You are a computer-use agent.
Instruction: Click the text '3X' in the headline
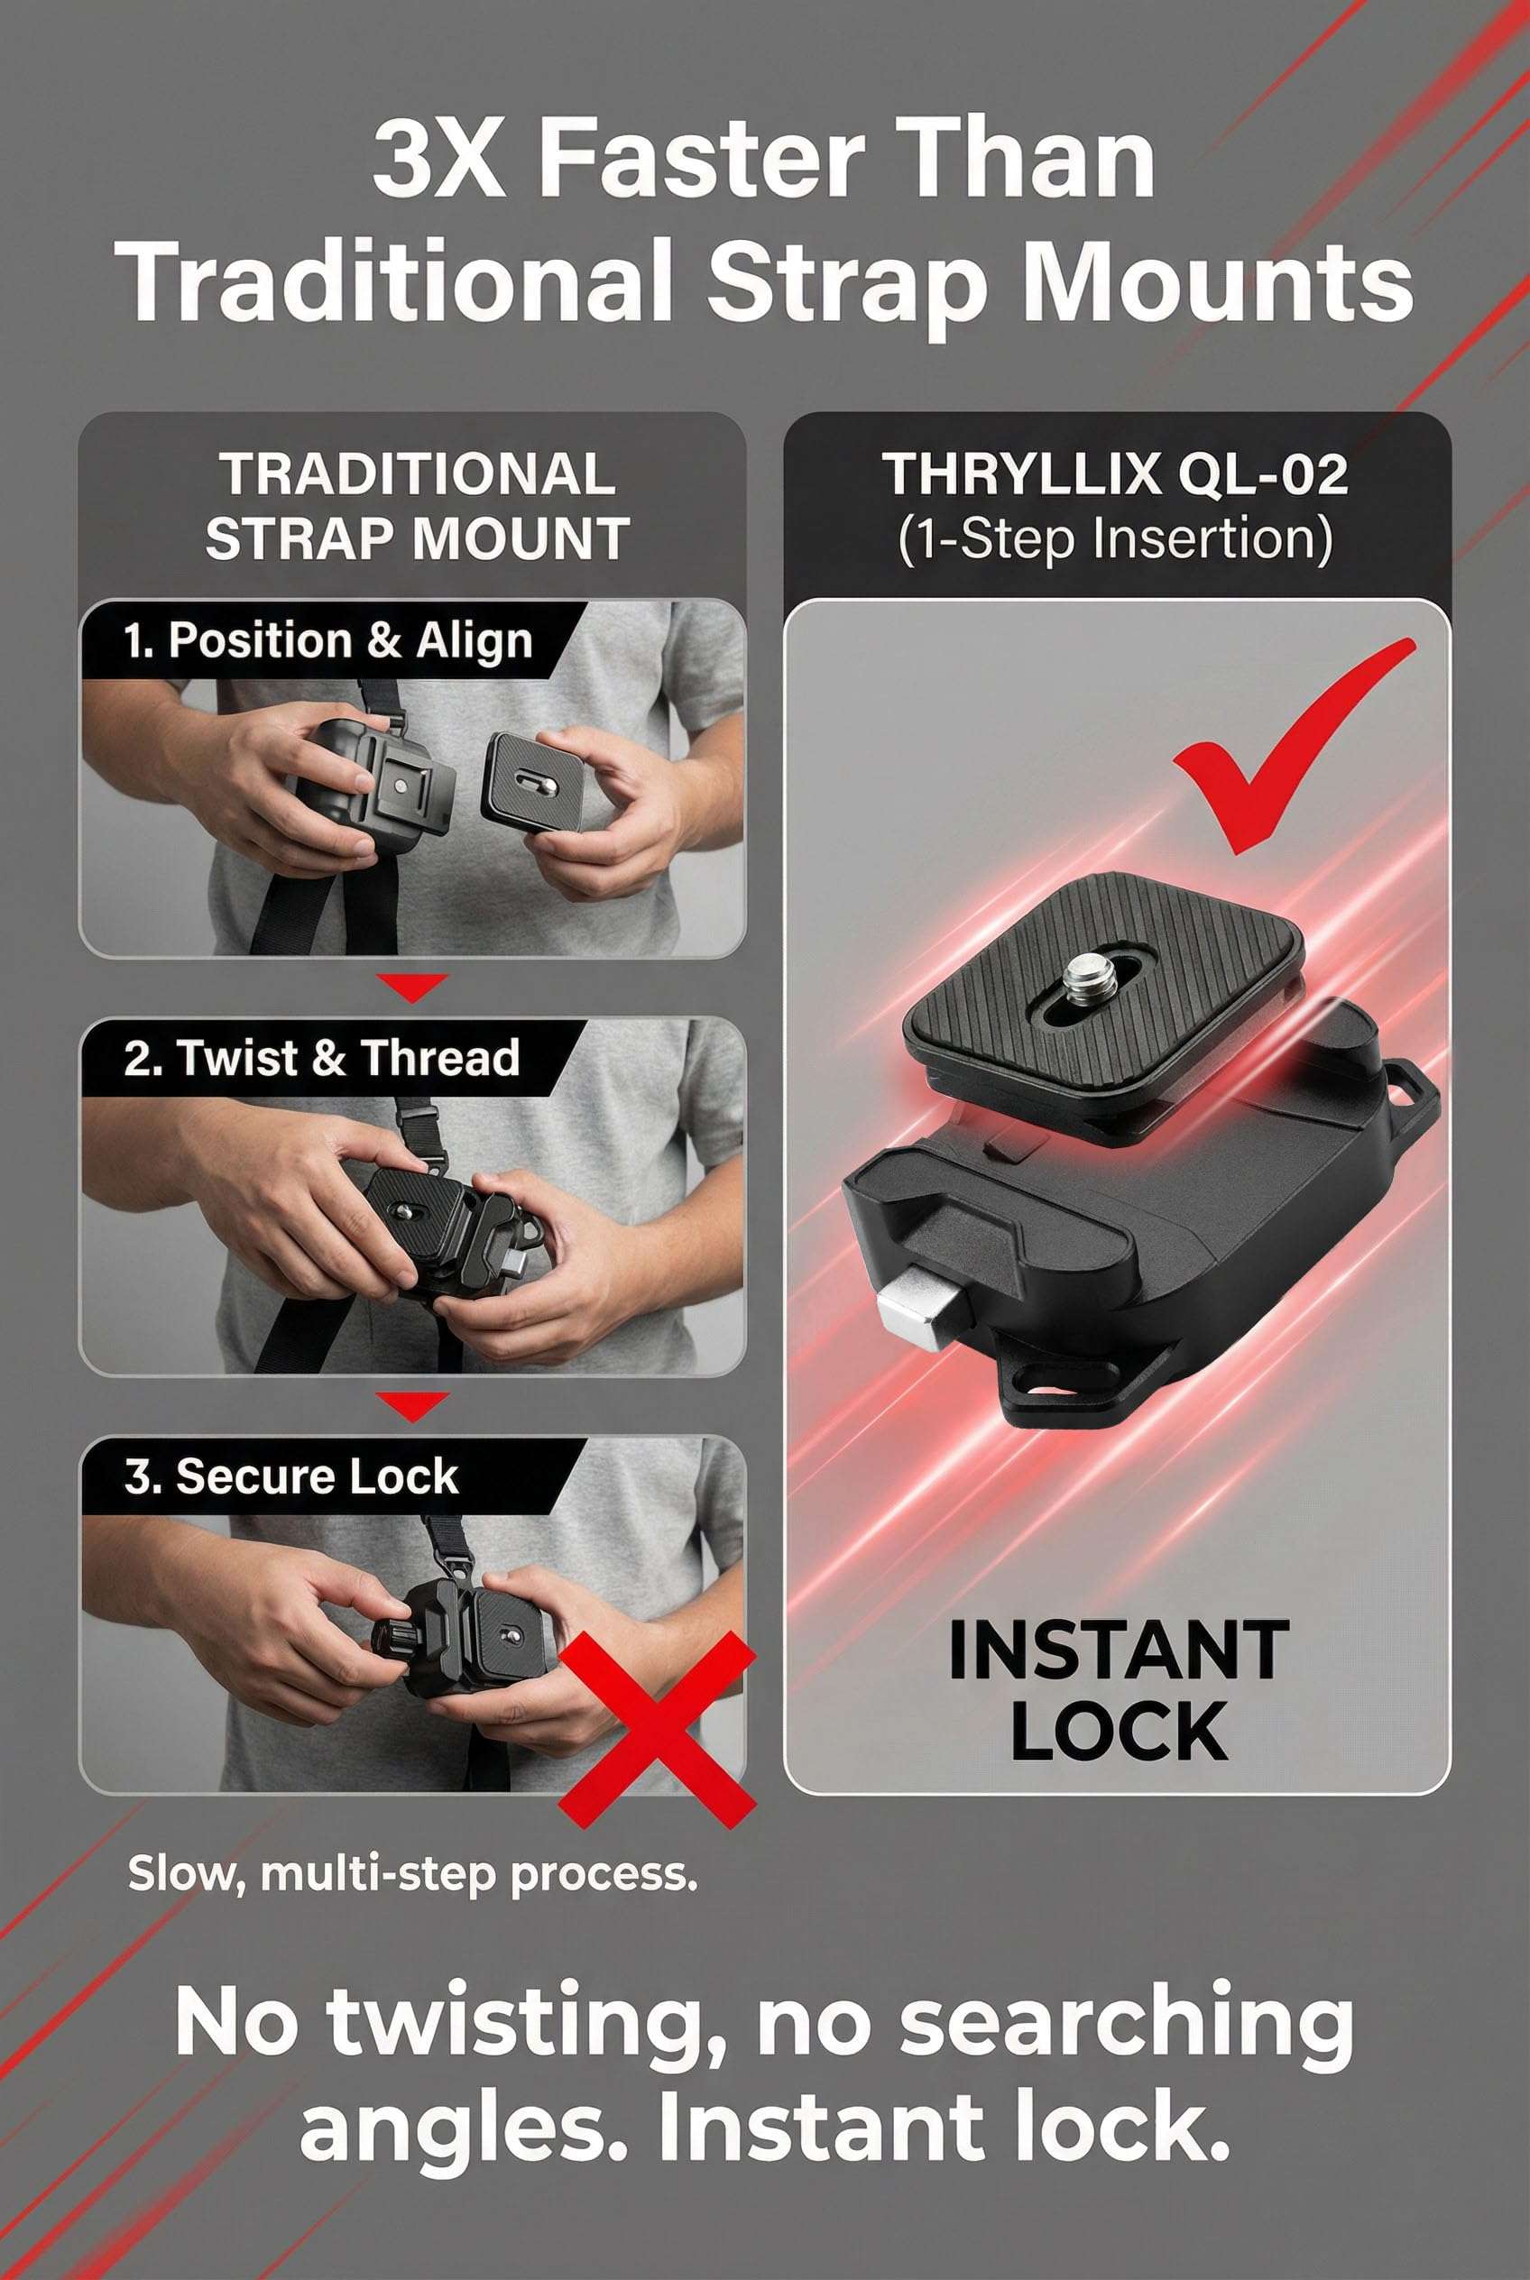point(438,159)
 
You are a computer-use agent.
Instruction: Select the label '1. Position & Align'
point(327,641)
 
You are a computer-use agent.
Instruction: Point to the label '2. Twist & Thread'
point(321,1059)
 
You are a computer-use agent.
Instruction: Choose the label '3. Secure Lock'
point(290,1476)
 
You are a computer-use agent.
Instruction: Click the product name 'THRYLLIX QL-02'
point(1115,475)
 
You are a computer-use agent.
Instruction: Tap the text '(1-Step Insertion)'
point(1115,538)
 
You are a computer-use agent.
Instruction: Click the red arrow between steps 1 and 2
point(413,987)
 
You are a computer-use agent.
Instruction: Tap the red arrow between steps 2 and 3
point(413,1405)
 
